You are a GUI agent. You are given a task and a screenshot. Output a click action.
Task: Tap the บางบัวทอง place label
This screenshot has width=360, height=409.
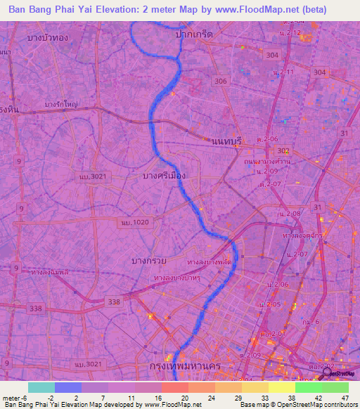click(x=44, y=37)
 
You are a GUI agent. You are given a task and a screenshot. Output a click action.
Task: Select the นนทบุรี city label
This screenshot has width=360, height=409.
click(x=226, y=141)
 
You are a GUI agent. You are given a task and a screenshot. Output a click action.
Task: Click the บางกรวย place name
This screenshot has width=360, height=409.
click(x=149, y=261)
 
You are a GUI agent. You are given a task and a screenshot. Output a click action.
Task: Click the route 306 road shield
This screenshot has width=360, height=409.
click(x=221, y=81)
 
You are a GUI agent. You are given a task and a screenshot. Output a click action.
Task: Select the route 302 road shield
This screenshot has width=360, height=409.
click(x=283, y=151)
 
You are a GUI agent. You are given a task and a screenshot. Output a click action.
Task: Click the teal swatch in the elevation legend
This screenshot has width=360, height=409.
click(x=41, y=387)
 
